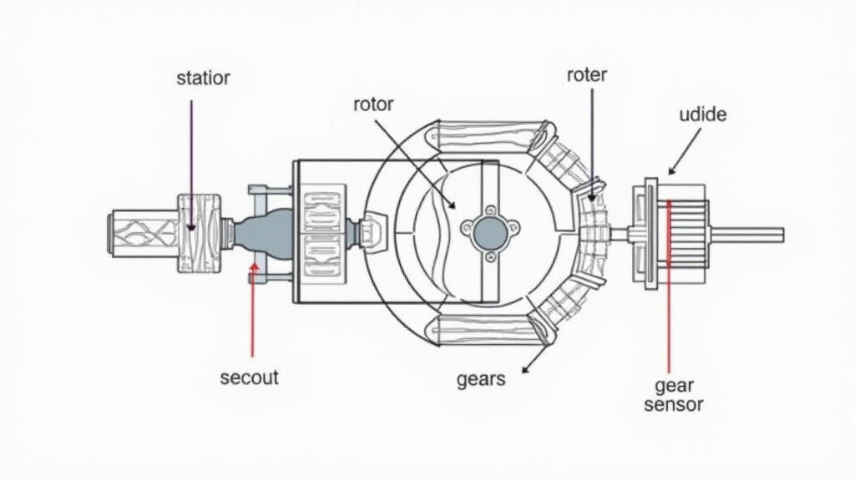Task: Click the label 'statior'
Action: click(203, 78)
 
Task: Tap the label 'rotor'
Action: click(373, 104)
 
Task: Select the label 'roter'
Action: click(586, 75)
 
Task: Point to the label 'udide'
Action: click(702, 114)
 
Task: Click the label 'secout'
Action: click(249, 377)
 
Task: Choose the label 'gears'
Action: click(481, 379)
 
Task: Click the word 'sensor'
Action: click(668, 405)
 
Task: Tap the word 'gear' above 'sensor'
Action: click(669, 386)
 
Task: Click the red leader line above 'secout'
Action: click(251, 317)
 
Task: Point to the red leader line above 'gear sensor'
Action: click(670, 292)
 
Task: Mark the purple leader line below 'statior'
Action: click(191, 159)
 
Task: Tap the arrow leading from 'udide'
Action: click(686, 154)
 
